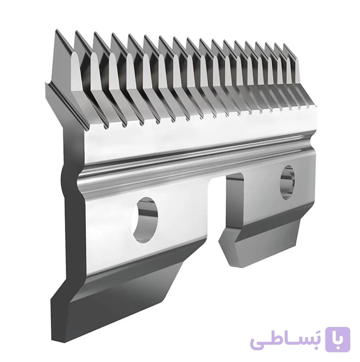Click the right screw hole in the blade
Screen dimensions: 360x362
tap(287, 182)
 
